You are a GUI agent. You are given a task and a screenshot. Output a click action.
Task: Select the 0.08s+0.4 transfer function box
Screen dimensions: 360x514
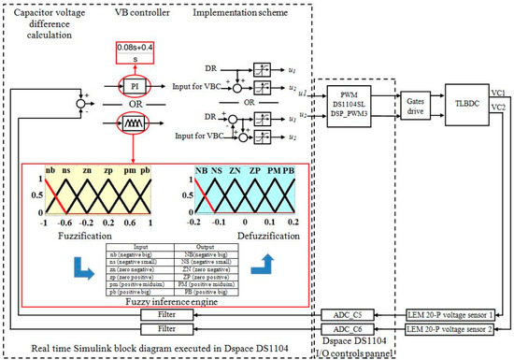136,51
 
